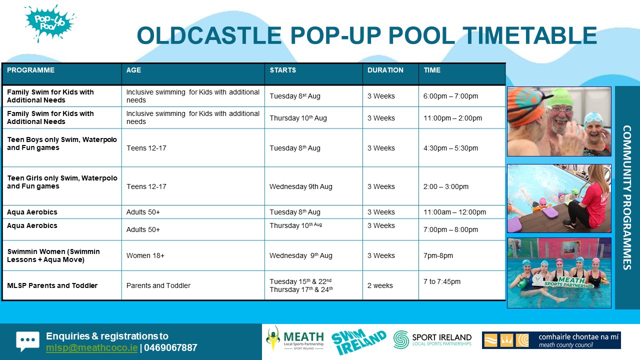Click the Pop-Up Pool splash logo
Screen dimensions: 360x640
click(49, 23)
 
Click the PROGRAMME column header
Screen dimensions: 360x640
click(30, 70)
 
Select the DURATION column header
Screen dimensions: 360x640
click(385, 70)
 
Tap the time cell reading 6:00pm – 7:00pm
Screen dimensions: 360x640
click(450, 96)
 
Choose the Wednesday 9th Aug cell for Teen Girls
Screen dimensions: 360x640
click(300, 186)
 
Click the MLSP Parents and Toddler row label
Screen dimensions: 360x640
click(52, 285)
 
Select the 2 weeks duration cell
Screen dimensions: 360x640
click(380, 285)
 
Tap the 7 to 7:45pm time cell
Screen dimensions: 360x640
click(441, 281)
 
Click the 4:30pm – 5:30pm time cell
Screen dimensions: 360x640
click(450, 148)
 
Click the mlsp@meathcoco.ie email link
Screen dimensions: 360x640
click(91, 347)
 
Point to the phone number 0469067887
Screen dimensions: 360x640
click(170, 347)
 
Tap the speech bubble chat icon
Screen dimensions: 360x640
click(27, 341)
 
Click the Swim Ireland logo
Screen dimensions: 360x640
click(358, 341)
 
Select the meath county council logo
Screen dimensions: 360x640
click(551, 340)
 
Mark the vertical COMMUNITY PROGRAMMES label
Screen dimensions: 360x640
click(627, 197)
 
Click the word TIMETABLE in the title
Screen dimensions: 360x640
click(529, 36)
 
